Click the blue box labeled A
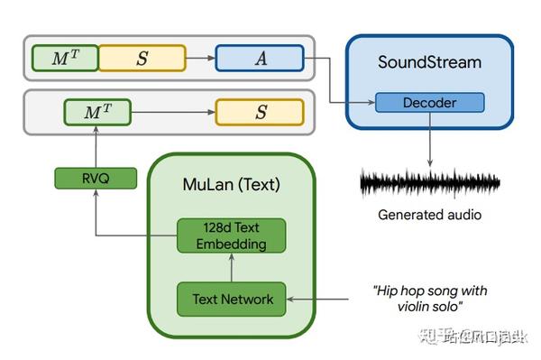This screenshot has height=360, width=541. tap(261, 58)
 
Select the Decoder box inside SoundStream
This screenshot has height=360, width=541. tap(429, 103)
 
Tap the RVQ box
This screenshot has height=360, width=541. tap(95, 179)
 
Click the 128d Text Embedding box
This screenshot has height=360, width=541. tap(231, 235)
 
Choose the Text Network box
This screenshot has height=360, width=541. tap(232, 299)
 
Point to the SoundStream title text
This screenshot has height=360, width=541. tap(429, 63)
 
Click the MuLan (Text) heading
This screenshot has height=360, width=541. tap(232, 185)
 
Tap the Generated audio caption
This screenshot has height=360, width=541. tap(429, 215)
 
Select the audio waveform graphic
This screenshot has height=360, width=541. tap(429, 183)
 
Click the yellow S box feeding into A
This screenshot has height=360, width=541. tap(142, 58)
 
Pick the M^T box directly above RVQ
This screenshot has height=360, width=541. tap(95, 113)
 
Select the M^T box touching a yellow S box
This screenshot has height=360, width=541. tap(64, 58)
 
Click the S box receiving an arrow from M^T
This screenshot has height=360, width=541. tap(260, 113)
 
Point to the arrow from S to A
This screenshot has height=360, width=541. tap(200, 58)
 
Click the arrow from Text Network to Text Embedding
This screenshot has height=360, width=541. tap(232, 268)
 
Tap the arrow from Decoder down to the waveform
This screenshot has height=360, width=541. tap(429, 140)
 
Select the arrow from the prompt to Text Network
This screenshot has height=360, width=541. tap(325, 299)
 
